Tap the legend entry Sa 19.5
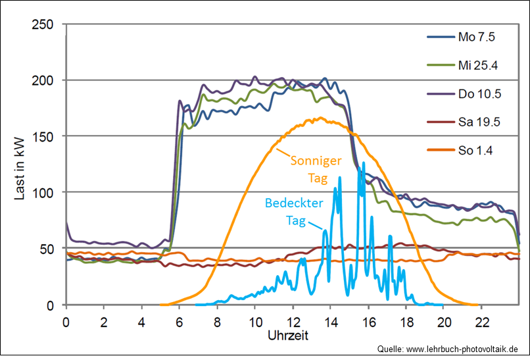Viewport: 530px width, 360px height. pos(479,122)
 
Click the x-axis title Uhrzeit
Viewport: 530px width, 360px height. pos(288,335)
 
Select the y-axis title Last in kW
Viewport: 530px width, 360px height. pos(19,165)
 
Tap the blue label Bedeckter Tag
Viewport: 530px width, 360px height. pos(295,212)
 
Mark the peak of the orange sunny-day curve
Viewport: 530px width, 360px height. pos(320,118)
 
